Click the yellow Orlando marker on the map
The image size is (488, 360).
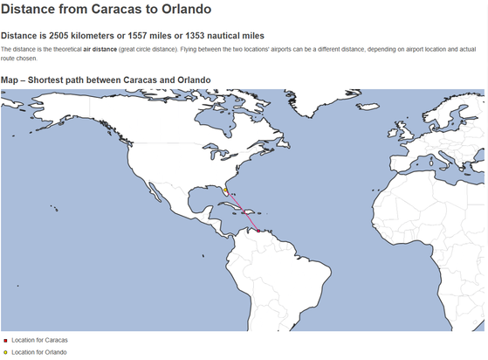[225, 189]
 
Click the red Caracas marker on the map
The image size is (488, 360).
[258, 231]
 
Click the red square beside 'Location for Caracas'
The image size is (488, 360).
[5, 339]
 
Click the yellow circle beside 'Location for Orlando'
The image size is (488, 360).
[5, 352]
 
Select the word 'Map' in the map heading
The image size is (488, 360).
[10, 80]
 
